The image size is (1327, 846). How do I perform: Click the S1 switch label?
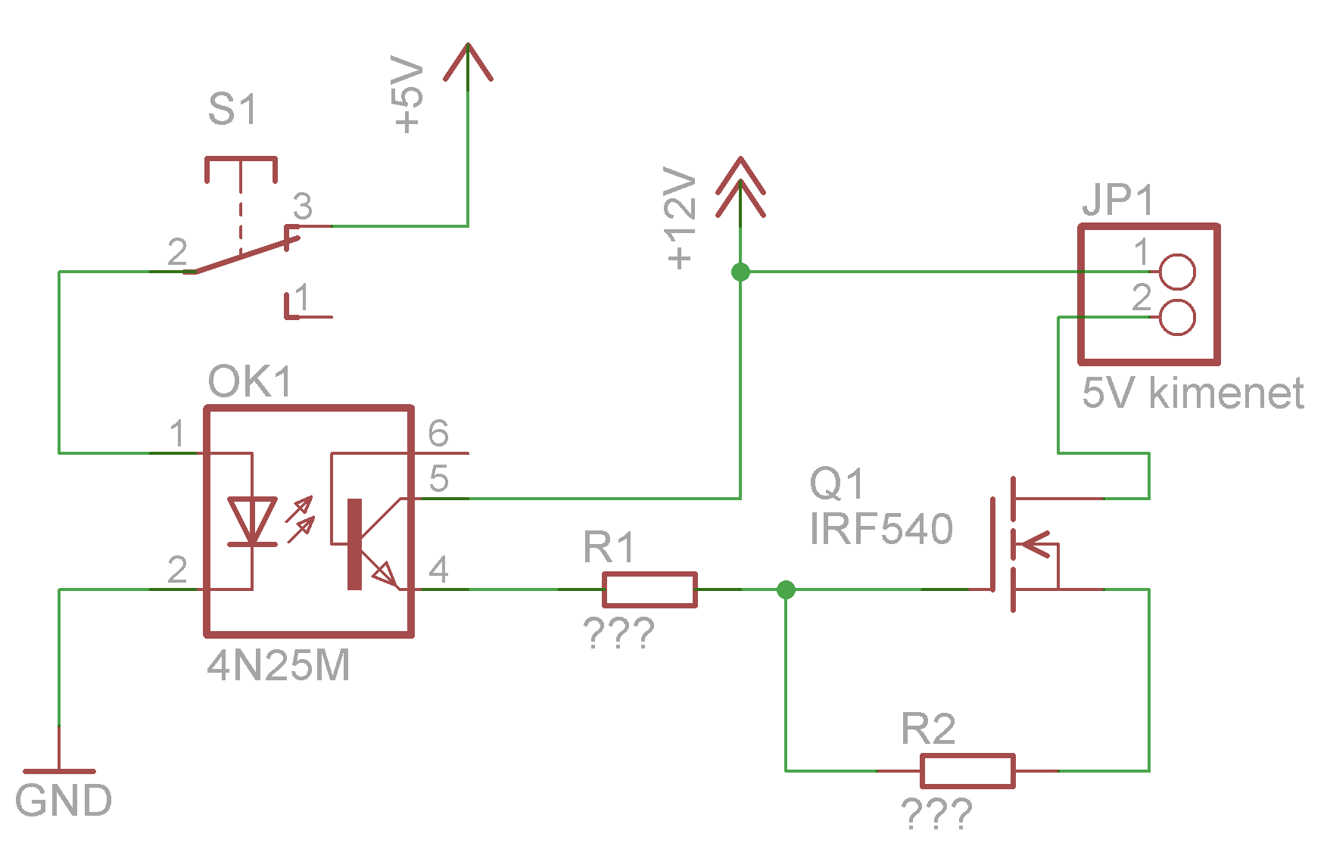(232, 109)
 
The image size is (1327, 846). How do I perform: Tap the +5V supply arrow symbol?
(468, 62)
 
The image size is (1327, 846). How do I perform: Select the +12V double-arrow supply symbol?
(740, 187)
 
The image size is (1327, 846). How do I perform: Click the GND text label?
(64, 801)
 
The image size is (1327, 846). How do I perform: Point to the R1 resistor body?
(649, 589)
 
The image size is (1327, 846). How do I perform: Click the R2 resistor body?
(967, 771)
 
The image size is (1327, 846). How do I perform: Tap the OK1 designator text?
(250, 381)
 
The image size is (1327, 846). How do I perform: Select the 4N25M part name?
(279, 666)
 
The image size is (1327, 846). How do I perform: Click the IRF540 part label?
(881, 528)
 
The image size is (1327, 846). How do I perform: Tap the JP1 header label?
(1117, 201)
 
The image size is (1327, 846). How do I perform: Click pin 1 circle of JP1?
(1177, 272)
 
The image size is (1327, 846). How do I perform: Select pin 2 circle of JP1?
(1177, 317)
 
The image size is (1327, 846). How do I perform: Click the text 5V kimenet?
(1192, 393)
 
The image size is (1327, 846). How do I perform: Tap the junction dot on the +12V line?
(740, 272)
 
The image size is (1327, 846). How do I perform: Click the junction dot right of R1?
(786, 589)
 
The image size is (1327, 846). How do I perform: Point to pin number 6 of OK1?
(438, 434)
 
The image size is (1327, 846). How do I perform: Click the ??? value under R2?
(937, 814)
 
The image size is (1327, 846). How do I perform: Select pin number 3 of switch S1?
(303, 206)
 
